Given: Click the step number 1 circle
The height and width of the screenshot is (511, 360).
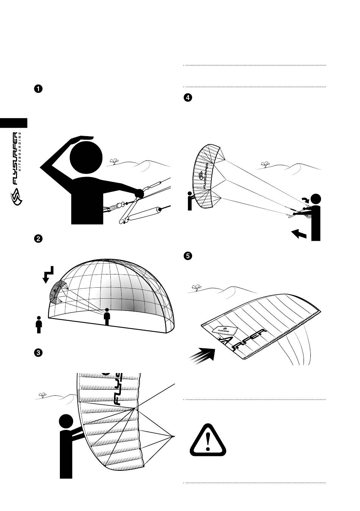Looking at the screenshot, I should point(38,89).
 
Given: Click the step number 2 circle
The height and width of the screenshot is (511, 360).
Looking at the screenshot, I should point(38,239).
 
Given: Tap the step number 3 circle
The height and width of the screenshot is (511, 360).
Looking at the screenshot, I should point(38,353).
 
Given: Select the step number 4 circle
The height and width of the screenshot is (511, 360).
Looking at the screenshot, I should point(187,97).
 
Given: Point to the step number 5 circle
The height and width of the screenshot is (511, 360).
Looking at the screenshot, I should point(187,256).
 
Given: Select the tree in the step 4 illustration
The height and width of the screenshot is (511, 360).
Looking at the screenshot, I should point(265,164).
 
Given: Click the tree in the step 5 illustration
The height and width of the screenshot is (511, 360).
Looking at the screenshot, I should point(196,288).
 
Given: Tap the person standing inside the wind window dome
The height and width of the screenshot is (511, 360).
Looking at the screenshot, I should point(107,317).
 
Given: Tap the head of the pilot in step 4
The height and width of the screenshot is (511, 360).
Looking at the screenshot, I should point(316,199).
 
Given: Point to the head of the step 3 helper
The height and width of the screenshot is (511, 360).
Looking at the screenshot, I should point(66,422).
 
